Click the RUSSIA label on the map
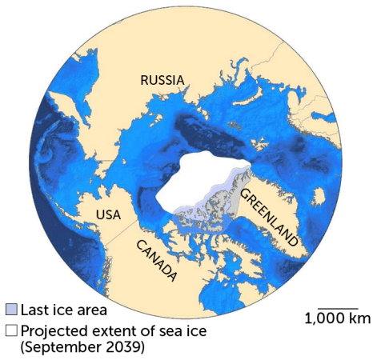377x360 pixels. [x=162, y=80]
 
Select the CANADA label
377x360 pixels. [x=156, y=259]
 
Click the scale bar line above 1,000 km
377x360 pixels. [x=337, y=307]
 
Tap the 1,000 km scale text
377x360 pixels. [x=337, y=319]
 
